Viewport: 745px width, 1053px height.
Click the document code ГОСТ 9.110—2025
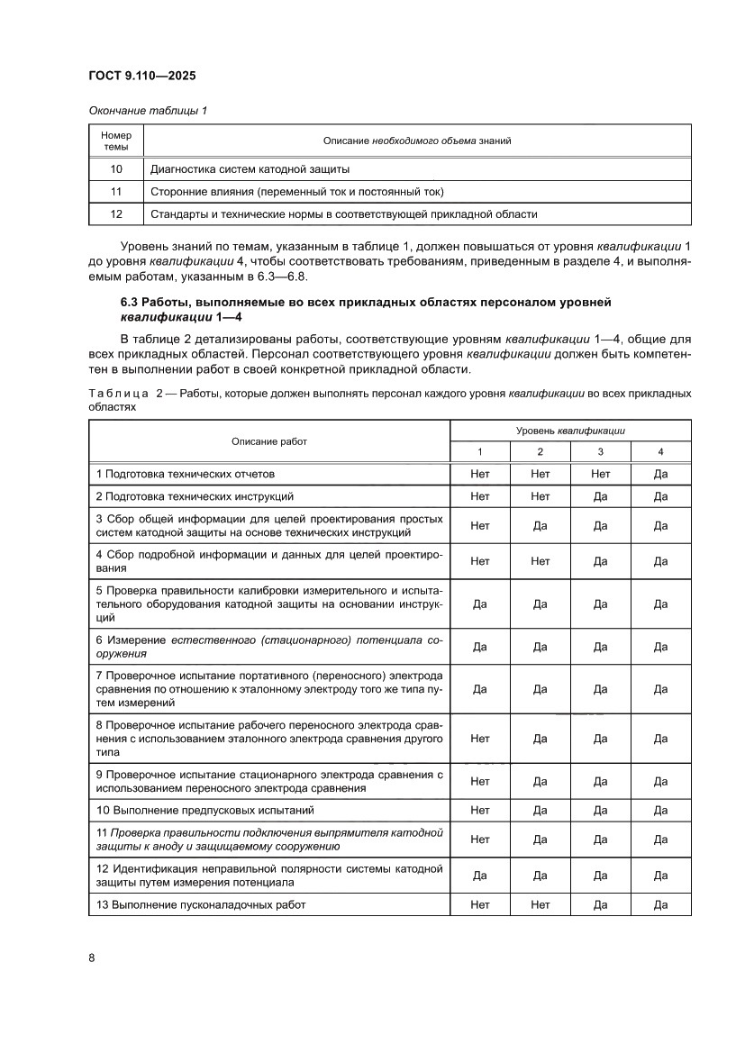pos(142,76)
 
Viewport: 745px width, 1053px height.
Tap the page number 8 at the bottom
pos(92,958)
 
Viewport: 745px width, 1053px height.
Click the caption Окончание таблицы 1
pos(148,111)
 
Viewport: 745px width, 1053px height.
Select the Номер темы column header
pos(116,141)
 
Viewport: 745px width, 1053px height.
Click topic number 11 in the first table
pos(116,192)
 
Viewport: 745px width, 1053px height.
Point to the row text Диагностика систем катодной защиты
pos(250,169)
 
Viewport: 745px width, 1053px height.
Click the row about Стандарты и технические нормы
pos(343,214)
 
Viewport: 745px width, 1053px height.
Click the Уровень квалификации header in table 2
pos(570,431)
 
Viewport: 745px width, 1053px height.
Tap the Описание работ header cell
pos(268,441)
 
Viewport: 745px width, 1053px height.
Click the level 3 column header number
pos(600,451)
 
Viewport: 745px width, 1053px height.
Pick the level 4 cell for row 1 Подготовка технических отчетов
pos(660,474)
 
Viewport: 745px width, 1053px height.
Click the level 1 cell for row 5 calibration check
pos(480,604)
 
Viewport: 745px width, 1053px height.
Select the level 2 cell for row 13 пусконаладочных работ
pos(541,904)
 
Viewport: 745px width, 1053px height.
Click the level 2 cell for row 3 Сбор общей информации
pos(541,526)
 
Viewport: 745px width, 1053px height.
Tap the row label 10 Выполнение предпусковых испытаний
pos(212,810)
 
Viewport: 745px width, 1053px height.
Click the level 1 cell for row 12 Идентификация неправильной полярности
pos(480,875)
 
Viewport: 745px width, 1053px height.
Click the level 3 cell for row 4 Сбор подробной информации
pos(600,561)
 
